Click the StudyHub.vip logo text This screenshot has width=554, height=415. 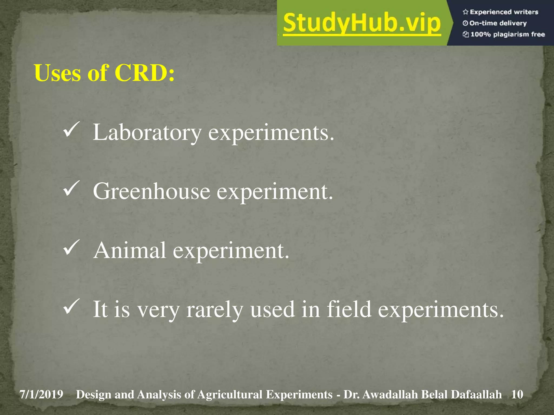pos(362,23)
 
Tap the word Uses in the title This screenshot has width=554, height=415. pos(57,73)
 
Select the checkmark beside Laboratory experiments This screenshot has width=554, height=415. pos(71,129)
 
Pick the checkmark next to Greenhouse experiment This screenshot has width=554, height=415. pos(71,188)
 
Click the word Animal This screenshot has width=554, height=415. pos(130,250)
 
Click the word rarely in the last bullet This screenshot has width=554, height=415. pos(215,310)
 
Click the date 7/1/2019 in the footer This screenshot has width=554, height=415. pos(41,394)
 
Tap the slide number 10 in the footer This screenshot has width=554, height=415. pos(517,394)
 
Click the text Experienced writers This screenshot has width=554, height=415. pos(504,12)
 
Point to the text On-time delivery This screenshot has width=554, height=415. pos(498,23)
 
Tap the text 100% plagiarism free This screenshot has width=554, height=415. pos(507,34)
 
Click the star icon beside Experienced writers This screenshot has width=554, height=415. pos(465,12)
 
